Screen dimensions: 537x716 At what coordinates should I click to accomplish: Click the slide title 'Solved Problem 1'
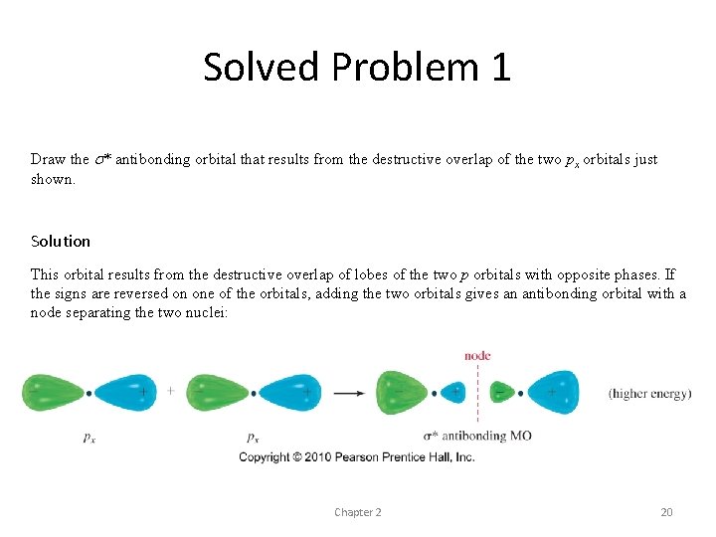click(x=357, y=67)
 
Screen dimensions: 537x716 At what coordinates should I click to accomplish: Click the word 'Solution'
click(x=61, y=241)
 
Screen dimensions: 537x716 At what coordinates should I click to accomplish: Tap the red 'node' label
click(x=477, y=356)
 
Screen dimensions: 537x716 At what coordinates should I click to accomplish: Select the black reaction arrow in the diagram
click(x=348, y=393)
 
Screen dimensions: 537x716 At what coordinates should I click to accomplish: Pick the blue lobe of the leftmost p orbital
click(x=123, y=393)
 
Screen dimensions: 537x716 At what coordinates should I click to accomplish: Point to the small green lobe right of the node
click(x=501, y=393)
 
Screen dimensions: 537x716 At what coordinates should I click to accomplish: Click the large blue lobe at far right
click(x=553, y=392)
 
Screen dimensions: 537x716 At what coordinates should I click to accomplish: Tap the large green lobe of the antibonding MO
click(x=400, y=392)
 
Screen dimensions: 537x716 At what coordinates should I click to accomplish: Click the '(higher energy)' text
click(x=649, y=394)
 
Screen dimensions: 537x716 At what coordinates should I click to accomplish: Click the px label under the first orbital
click(x=89, y=436)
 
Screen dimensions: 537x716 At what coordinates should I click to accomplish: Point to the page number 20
click(x=666, y=512)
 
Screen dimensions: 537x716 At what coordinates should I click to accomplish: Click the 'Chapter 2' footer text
click(x=358, y=512)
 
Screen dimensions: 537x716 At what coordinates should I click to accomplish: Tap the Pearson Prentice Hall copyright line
click(x=357, y=457)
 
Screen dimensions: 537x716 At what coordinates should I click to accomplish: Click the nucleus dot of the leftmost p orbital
click(x=89, y=393)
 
